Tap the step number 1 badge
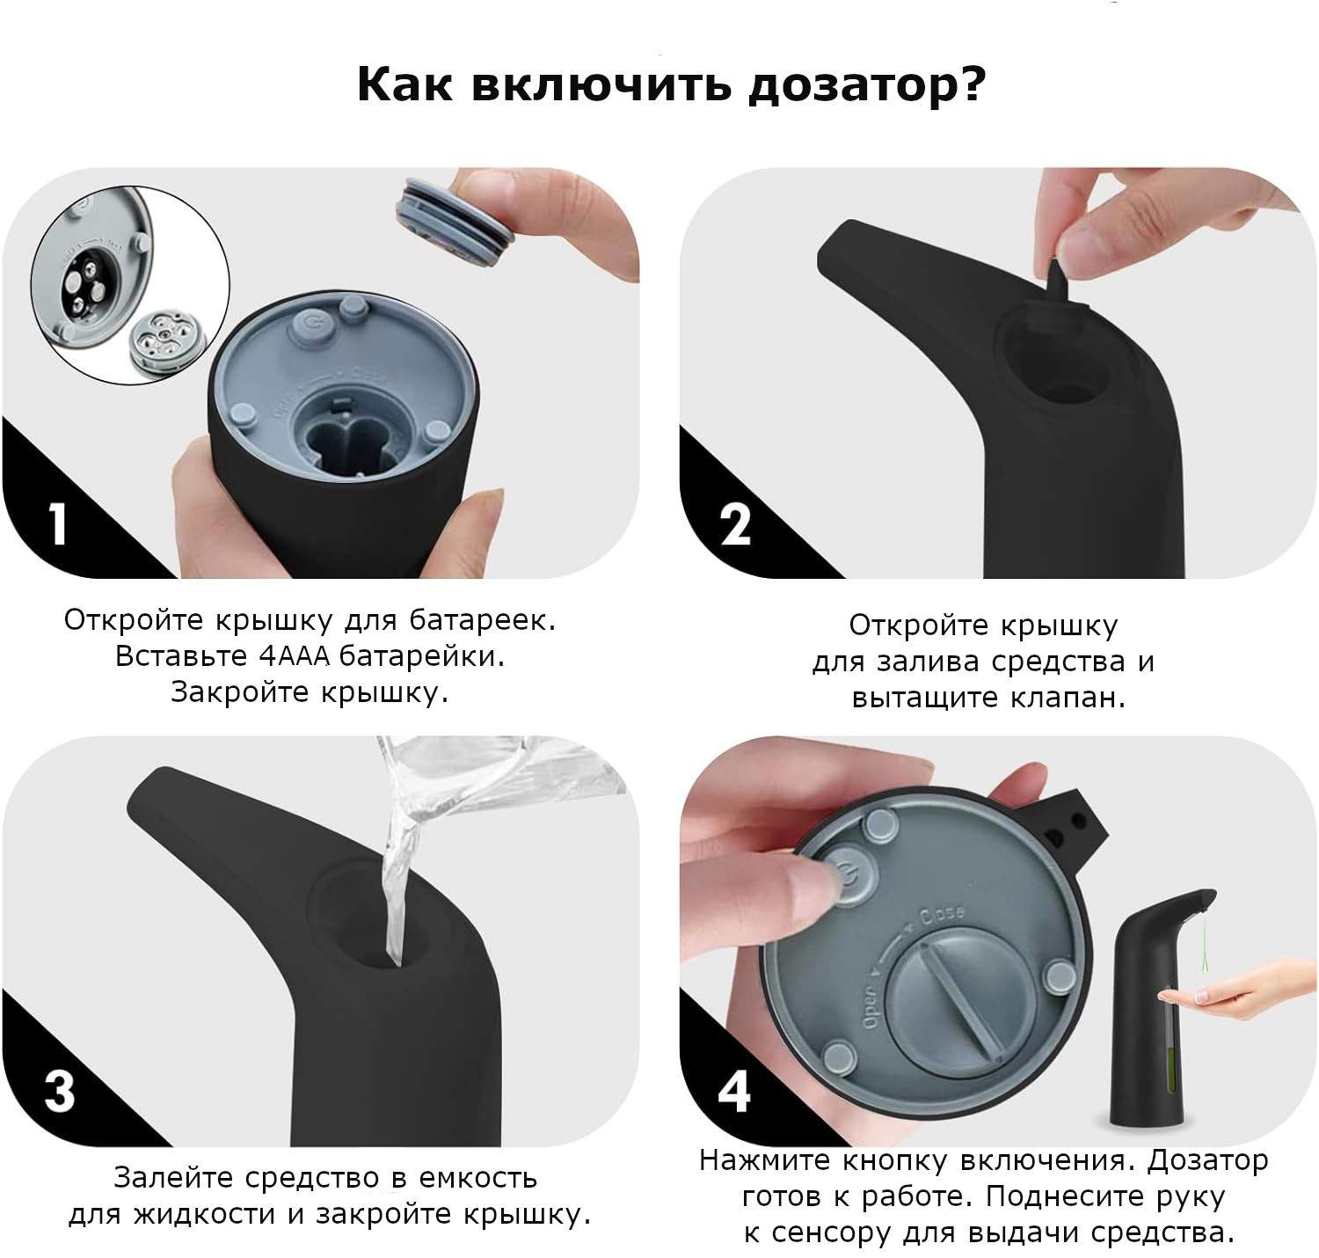pyautogui.click(x=58, y=524)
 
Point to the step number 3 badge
pyautogui.click(x=59, y=1093)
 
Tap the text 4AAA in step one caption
pyautogui.click(x=295, y=656)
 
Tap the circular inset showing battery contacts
pyautogui.click(x=130, y=285)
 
